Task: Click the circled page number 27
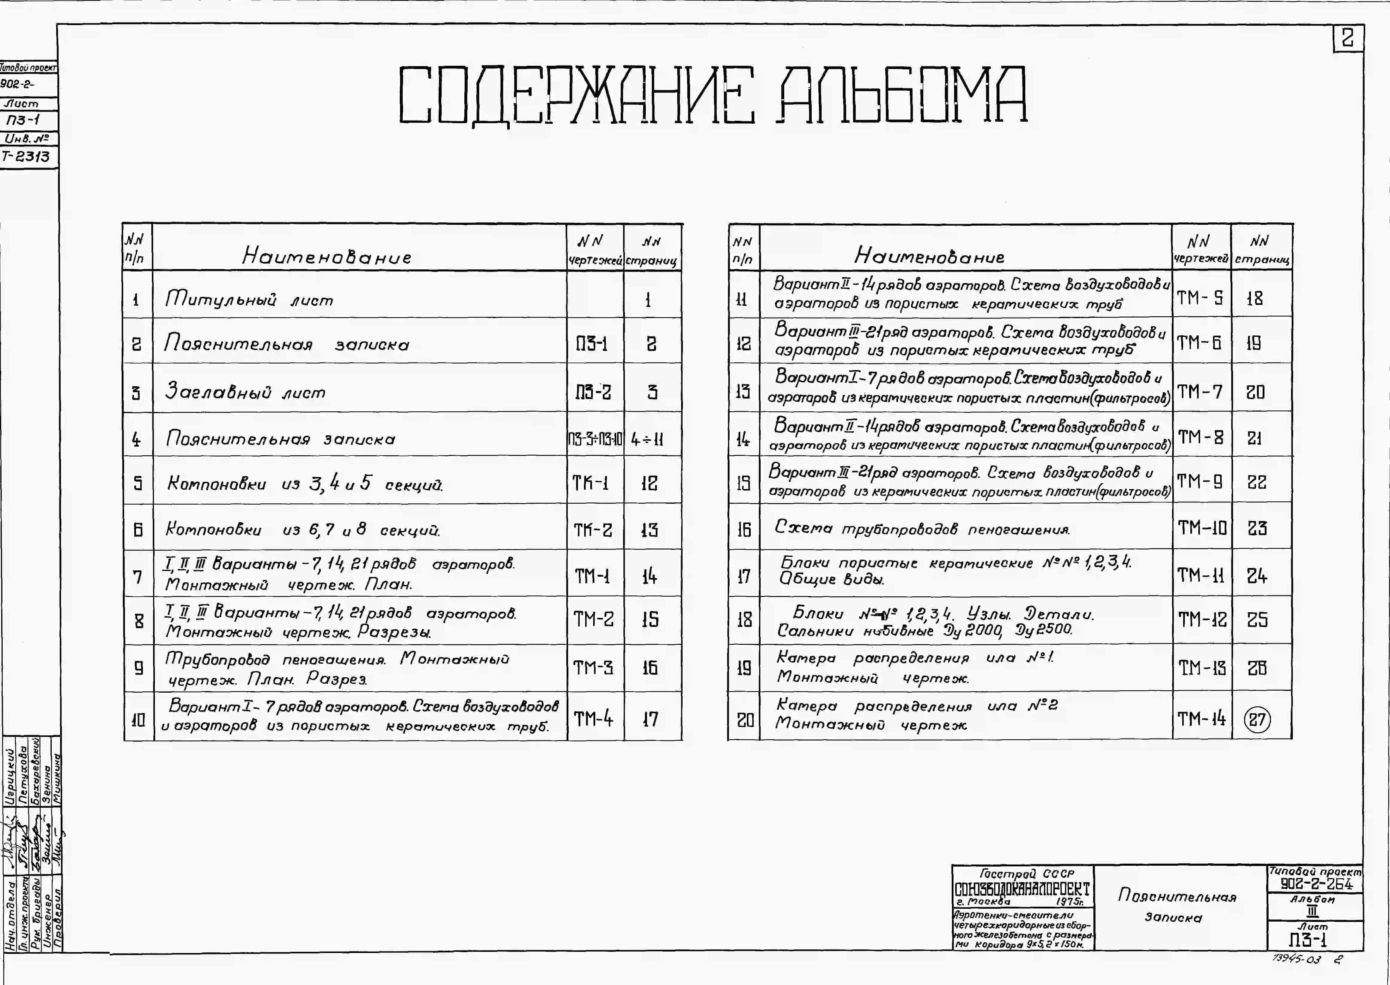(1257, 720)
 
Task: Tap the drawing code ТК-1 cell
(591, 483)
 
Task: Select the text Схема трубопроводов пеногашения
(922, 529)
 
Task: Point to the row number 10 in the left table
(138, 720)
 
